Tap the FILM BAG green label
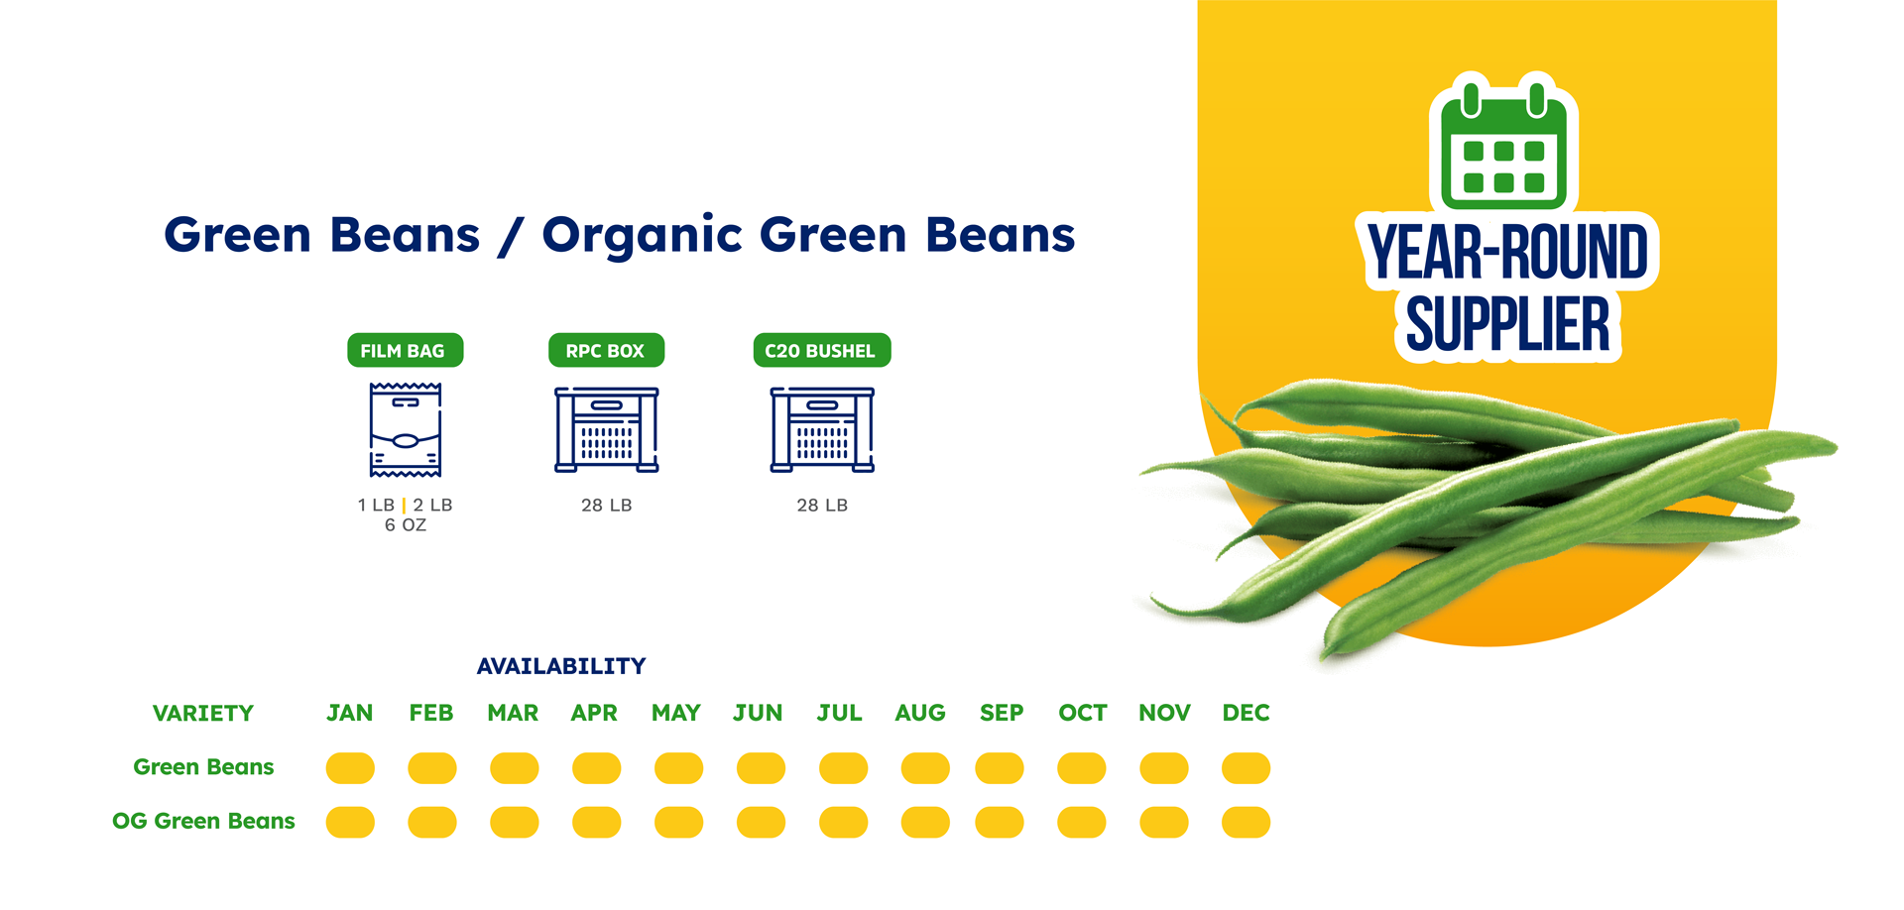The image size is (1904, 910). tap(405, 350)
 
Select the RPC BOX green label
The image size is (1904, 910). tap(606, 350)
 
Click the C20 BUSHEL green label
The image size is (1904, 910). tap(822, 350)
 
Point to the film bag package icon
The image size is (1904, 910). tap(405, 429)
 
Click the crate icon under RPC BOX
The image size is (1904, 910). tap(606, 429)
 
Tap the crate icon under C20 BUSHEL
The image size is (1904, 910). tap(822, 429)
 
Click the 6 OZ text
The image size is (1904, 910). tap(406, 525)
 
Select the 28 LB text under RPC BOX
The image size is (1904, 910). tap(607, 506)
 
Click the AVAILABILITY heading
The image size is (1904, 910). tap(561, 666)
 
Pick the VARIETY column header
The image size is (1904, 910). tap(203, 714)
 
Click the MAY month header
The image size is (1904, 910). tap(676, 713)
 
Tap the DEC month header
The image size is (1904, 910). tap(1246, 713)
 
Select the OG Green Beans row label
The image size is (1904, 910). tap(203, 821)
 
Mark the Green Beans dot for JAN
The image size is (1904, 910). tap(350, 768)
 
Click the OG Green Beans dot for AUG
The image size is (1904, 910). tap(925, 823)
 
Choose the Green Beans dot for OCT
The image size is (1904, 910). tap(1082, 768)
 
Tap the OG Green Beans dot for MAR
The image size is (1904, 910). tap(515, 823)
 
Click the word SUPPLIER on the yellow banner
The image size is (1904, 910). tap(1507, 325)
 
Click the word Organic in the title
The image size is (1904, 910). tap(643, 236)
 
